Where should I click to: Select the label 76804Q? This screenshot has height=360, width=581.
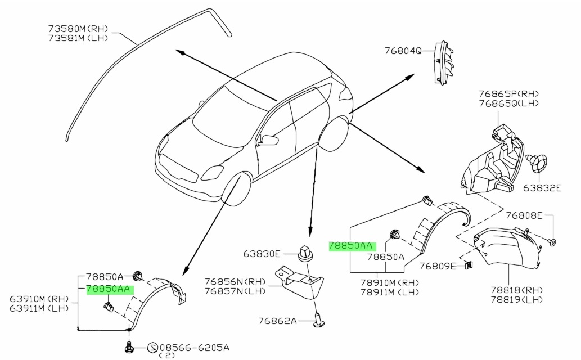[403, 51]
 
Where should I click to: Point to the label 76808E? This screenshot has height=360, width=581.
[524, 215]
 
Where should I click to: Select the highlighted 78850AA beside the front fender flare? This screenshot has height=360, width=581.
[108, 289]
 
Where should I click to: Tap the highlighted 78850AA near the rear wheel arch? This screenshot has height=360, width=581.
[350, 246]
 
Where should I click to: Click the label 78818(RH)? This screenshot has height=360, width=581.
[516, 290]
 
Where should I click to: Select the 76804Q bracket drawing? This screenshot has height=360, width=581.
[444, 62]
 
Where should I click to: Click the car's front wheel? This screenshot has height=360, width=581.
[236, 188]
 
